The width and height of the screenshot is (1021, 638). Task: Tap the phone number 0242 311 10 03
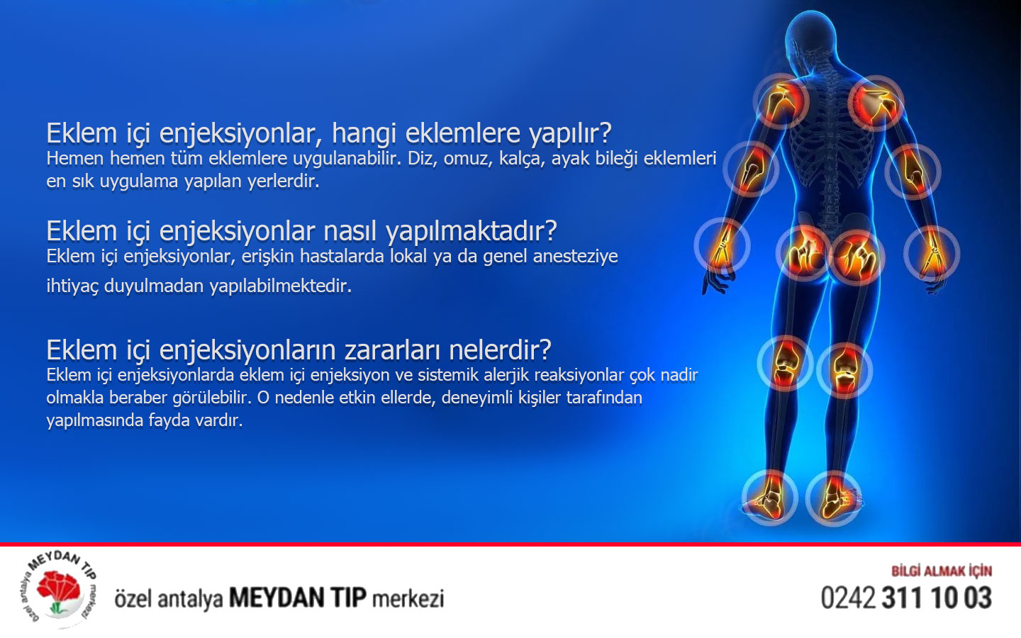tap(905, 598)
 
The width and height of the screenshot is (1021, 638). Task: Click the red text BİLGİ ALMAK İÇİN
tap(941, 571)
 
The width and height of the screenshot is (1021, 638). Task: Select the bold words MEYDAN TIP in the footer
tap(297, 598)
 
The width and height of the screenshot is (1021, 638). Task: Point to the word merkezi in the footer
tap(408, 598)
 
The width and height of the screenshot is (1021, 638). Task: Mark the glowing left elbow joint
tap(750, 169)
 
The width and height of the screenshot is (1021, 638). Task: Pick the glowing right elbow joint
tap(913, 171)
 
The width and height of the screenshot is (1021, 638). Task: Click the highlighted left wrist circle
tap(722, 245)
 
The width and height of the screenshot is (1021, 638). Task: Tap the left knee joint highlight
tap(785, 362)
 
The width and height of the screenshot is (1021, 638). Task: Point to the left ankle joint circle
tap(770, 496)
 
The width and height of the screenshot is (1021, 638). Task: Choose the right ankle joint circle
tap(834, 498)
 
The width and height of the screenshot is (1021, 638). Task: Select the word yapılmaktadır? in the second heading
tap(471, 231)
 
